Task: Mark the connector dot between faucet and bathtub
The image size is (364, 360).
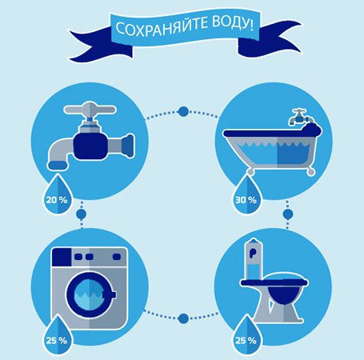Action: [183, 111]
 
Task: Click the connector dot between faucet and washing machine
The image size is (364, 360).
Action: [80, 214]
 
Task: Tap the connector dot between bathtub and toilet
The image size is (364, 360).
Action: [287, 214]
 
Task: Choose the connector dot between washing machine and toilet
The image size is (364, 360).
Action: [183, 318]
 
